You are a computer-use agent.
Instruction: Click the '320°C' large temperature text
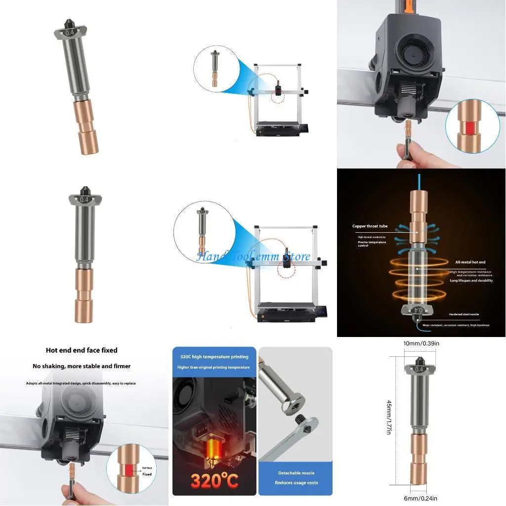coord(214,479)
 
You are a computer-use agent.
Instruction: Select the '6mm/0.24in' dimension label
coord(420,498)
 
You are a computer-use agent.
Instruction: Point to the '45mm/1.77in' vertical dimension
coord(389,418)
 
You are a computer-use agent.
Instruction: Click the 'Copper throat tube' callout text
coord(370,226)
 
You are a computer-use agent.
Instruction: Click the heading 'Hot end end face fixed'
coord(82,350)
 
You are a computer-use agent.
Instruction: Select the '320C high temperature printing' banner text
coord(214,357)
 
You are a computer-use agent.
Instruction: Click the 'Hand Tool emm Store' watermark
coord(253,256)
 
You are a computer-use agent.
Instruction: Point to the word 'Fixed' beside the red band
coord(147,474)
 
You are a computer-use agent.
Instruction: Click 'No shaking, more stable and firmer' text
coord(82,366)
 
